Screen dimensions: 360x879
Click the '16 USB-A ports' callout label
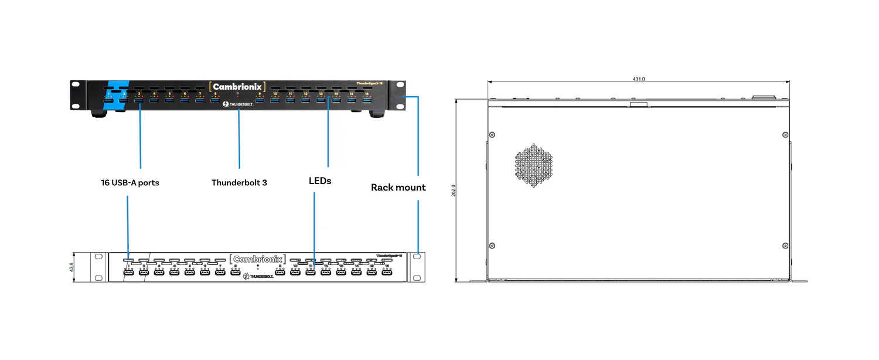point(130,183)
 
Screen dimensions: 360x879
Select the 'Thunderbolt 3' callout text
point(239,183)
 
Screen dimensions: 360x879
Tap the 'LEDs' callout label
point(320,181)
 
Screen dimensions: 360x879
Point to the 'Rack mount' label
point(398,188)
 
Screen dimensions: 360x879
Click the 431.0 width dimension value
point(638,79)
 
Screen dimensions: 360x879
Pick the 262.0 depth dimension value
point(453,191)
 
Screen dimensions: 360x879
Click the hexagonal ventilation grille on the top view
point(534,165)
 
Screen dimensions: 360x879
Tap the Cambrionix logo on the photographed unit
point(238,87)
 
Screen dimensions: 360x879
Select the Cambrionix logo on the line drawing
point(257,259)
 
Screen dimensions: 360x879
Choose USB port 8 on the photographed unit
point(215,101)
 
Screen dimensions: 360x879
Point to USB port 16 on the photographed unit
point(367,101)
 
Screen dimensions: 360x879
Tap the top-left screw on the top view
point(492,135)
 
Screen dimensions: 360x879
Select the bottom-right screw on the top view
point(785,245)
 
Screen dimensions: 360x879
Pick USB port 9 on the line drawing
point(280,272)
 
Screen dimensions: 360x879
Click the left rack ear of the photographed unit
point(76,95)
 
